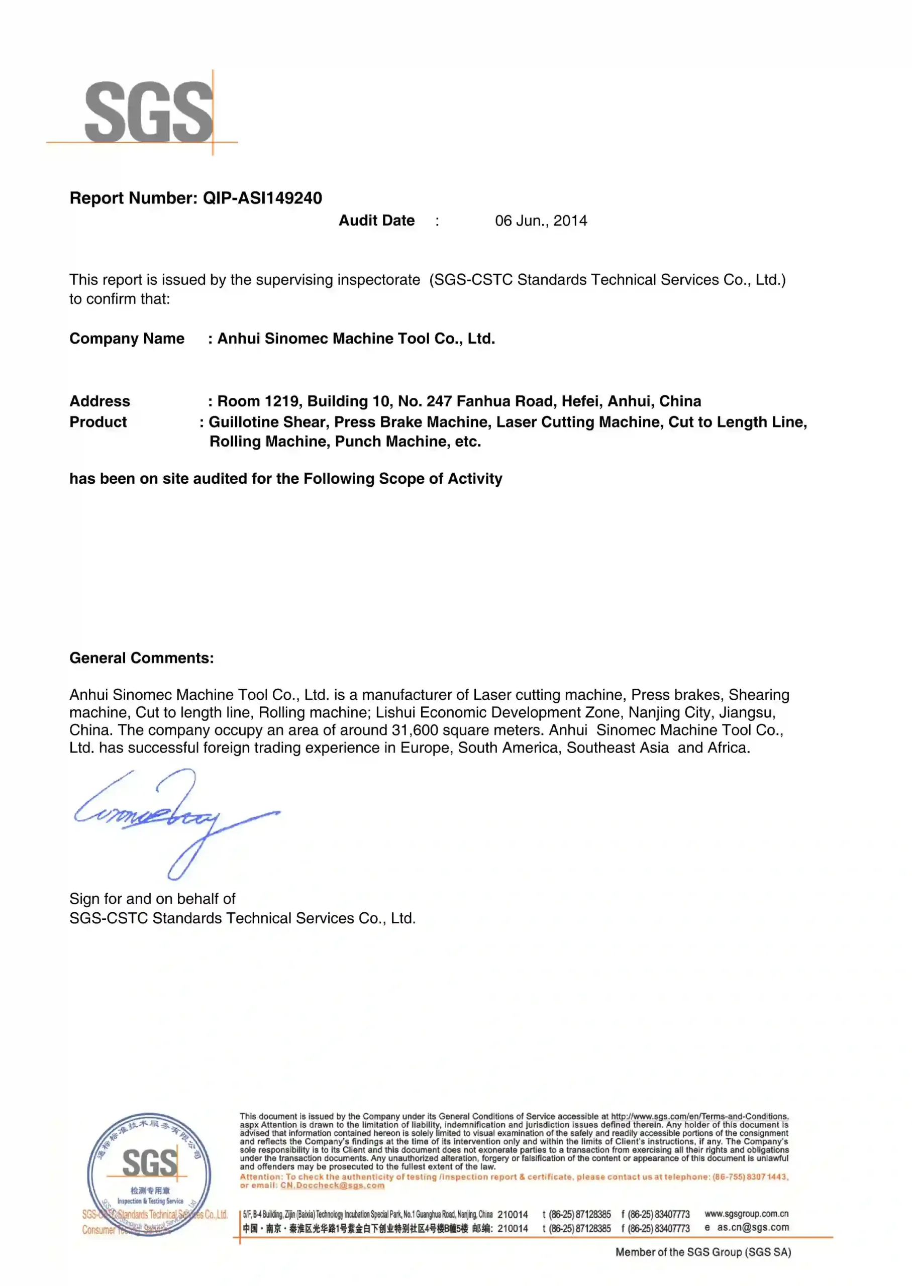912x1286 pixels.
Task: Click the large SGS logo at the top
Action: [x=149, y=111]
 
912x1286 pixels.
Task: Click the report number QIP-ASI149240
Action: [x=262, y=198]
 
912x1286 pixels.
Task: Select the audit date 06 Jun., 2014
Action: [x=541, y=221]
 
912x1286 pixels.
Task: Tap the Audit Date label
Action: [x=376, y=221]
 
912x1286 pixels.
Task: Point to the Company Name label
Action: [x=127, y=339]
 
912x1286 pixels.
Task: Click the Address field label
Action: [x=99, y=401]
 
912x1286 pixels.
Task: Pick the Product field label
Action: [x=98, y=422]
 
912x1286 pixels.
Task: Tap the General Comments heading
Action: [x=142, y=658]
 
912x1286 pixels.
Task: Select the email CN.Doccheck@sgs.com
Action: [x=333, y=1186]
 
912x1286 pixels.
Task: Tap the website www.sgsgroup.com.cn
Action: [x=746, y=1213]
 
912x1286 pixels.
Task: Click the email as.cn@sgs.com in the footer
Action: [x=753, y=1228]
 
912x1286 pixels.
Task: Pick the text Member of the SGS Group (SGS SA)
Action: [x=703, y=1252]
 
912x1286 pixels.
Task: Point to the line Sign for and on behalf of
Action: [x=152, y=899]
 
